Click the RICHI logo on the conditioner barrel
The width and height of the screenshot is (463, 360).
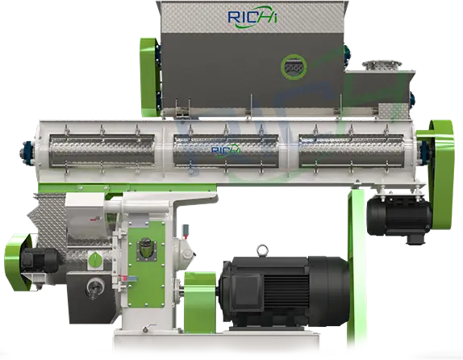coord(226,150)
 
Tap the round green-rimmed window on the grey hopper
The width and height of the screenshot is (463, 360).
coord(294,67)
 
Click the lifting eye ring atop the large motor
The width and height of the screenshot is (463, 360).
coord(262,249)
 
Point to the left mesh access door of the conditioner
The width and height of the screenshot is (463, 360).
coord(102,151)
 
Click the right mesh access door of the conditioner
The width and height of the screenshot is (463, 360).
coord(352,151)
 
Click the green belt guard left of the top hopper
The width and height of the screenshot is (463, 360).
coord(149,77)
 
